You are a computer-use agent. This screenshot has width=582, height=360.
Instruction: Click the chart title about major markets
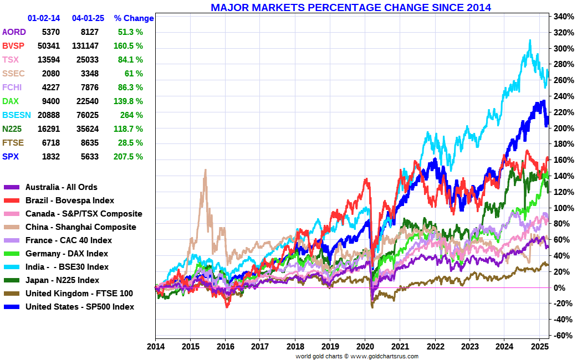351,7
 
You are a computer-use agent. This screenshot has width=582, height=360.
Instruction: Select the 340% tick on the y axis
562,17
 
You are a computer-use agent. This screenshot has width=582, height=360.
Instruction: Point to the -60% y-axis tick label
562,336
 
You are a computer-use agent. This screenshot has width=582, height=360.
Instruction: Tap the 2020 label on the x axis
365,346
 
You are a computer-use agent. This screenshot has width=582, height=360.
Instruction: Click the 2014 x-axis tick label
155,346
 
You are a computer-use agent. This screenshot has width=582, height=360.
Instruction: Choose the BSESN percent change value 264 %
131,115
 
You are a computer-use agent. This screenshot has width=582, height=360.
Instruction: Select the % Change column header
134,18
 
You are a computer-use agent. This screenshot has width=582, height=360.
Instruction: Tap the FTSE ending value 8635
89,143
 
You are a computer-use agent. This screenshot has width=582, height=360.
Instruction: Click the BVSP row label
13,46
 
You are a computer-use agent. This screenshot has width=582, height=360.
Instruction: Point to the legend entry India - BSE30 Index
67,267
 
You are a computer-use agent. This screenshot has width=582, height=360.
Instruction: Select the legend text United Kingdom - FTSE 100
79,294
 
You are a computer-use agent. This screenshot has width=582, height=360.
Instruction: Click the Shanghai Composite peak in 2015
205,170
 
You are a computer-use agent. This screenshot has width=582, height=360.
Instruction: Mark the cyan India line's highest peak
530,40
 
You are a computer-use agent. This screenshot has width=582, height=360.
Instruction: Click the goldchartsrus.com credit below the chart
356,356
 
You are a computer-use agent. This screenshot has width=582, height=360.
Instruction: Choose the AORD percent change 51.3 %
131,32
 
